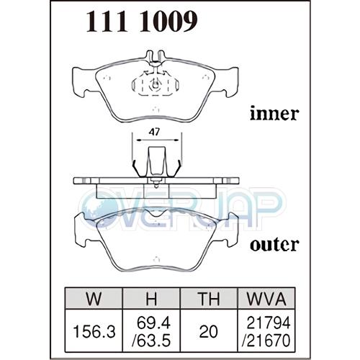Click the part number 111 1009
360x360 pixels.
click(x=142, y=22)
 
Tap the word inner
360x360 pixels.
click(x=274, y=113)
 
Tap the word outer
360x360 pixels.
click(x=274, y=246)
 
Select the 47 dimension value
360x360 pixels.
click(x=154, y=132)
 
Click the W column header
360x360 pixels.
click(x=94, y=298)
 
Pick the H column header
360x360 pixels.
click(x=151, y=298)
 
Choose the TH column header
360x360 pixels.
click(x=209, y=298)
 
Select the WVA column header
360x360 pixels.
click(x=266, y=298)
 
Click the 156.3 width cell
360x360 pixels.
click(x=94, y=332)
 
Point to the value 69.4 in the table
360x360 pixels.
click(x=153, y=323)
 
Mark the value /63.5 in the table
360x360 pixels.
click(x=151, y=340)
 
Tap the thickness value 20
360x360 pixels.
click(x=209, y=332)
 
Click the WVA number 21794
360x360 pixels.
click(x=269, y=323)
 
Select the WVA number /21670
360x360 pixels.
click(x=266, y=340)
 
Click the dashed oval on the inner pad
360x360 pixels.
click(x=156, y=85)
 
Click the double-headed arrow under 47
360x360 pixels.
click(x=157, y=140)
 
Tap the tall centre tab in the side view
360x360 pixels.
click(x=157, y=161)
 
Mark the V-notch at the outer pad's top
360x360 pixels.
click(x=156, y=212)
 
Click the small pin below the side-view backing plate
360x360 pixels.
click(x=156, y=184)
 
